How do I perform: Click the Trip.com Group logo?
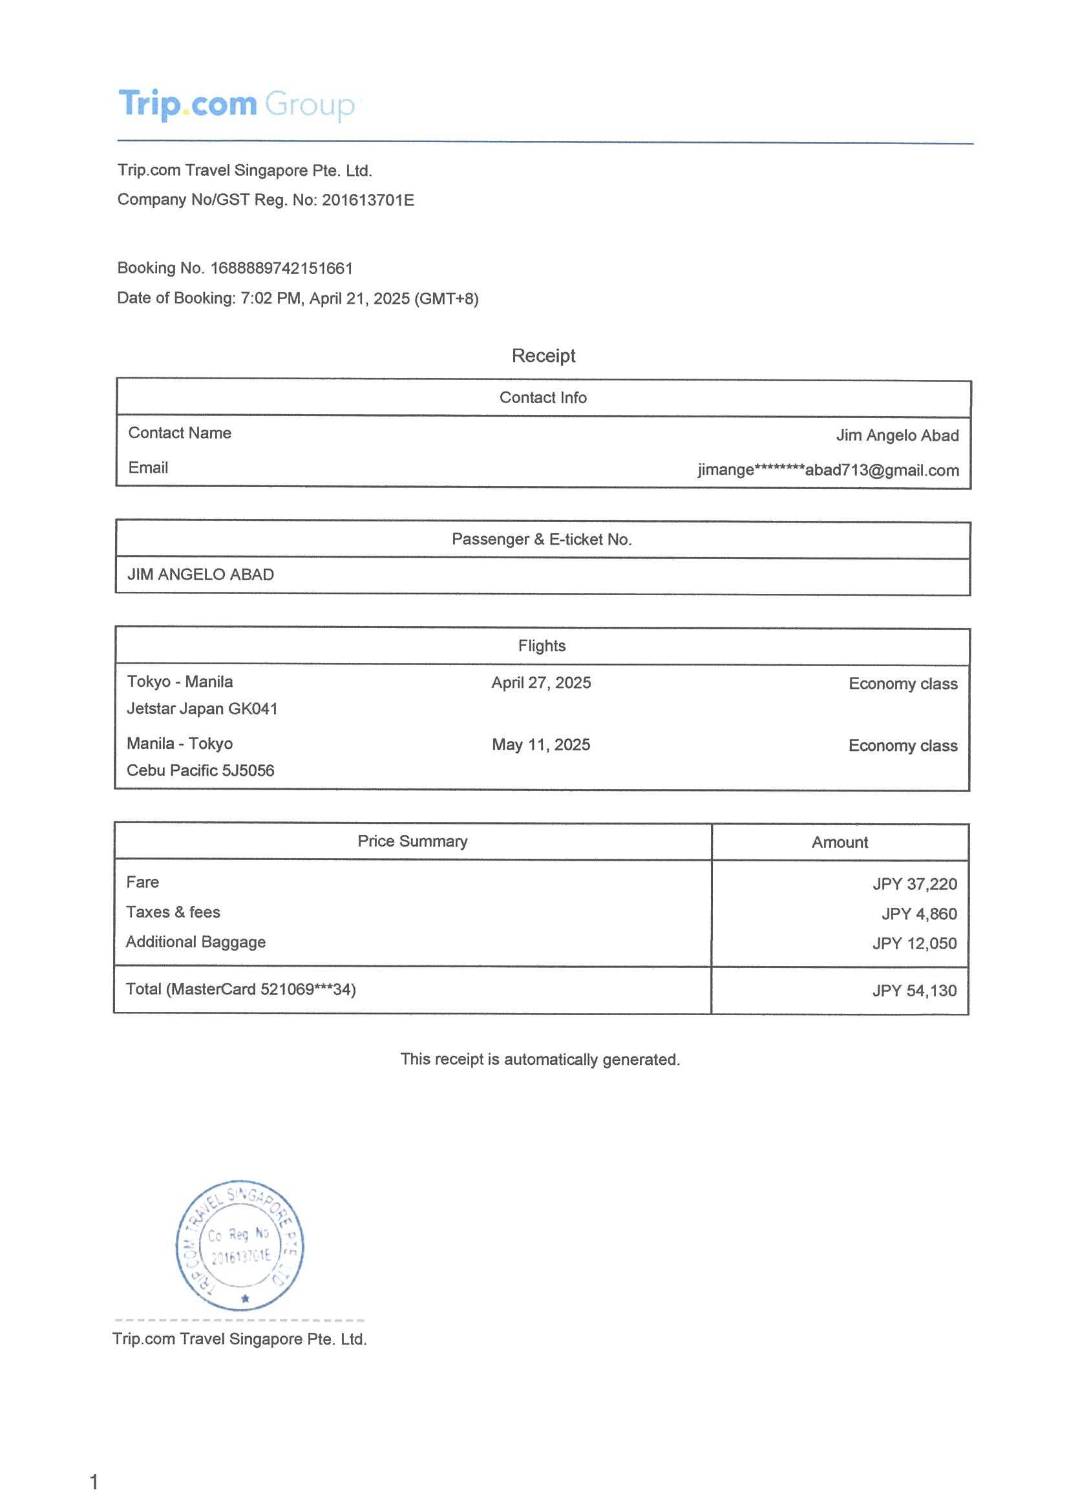click(237, 104)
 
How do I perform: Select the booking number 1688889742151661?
click(281, 268)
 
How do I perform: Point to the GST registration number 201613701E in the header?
click(368, 200)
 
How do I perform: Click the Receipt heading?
click(543, 355)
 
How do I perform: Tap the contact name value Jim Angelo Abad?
click(896, 436)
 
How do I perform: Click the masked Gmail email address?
click(828, 470)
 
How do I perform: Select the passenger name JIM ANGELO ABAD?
click(200, 575)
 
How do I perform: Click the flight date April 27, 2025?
click(541, 683)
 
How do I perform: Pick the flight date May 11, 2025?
click(541, 745)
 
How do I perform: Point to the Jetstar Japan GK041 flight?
click(202, 709)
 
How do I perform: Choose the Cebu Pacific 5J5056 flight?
click(200, 770)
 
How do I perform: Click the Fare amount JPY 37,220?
click(915, 884)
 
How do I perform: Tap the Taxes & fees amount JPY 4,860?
click(919, 914)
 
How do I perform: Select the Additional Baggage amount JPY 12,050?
click(915, 943)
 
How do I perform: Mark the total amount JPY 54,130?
click(915, 991)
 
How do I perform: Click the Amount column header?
click(839, 843)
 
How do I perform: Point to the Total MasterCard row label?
click(240, 989)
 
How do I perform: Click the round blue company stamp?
click(240, 1245)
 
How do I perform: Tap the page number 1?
click(94, 1482)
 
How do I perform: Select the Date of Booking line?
click(297, 299)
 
